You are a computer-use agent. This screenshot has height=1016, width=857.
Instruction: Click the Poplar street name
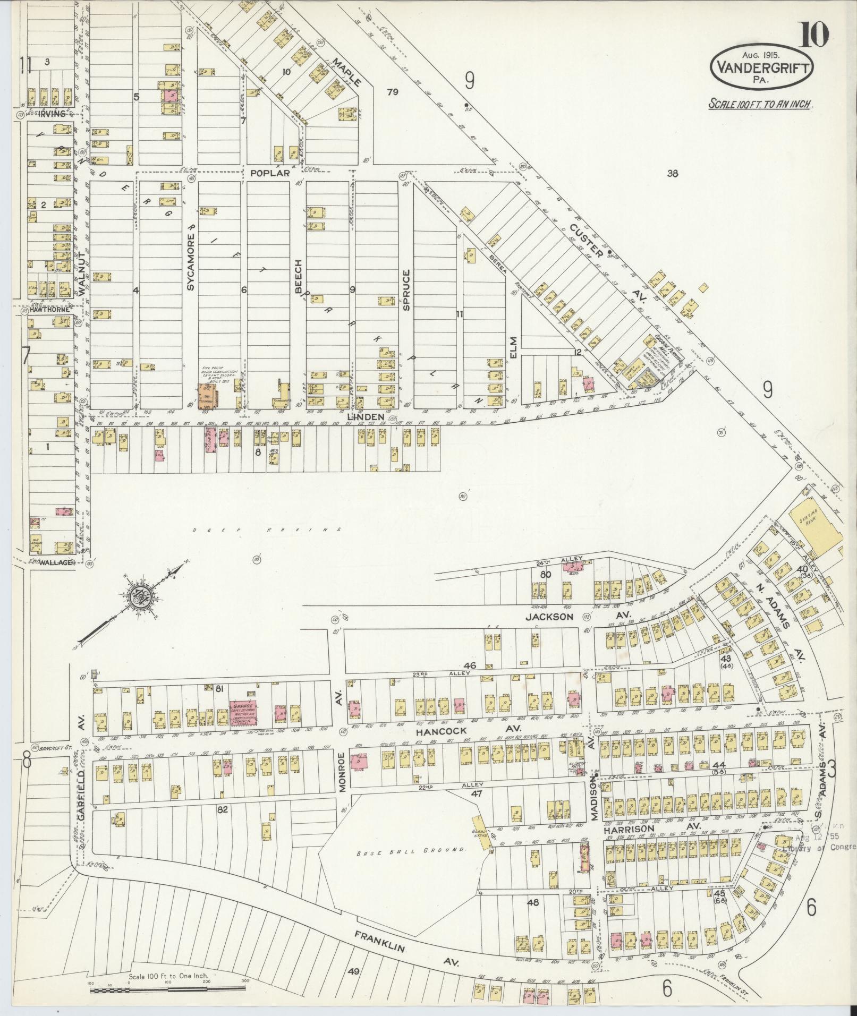(270, 173)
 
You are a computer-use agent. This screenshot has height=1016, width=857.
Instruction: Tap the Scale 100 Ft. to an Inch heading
(760, 104)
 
